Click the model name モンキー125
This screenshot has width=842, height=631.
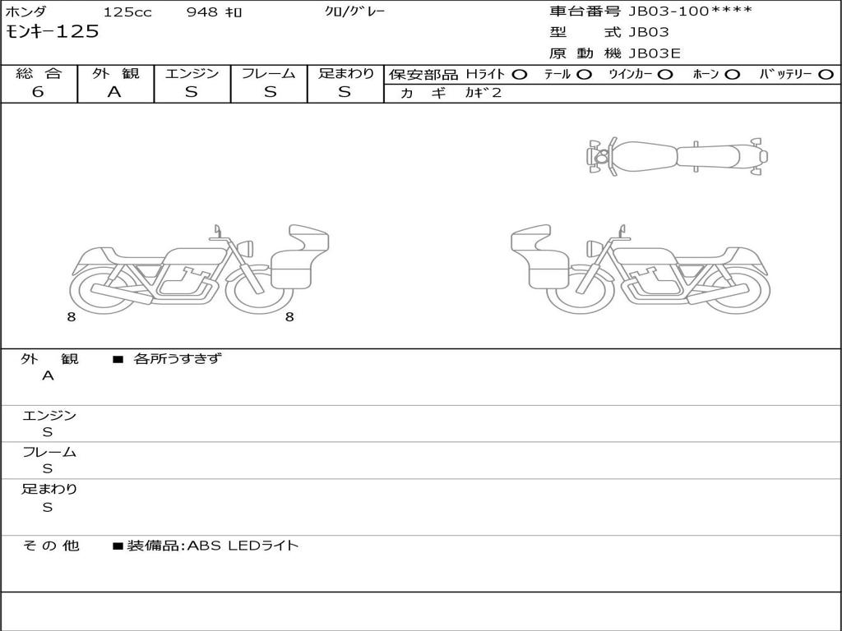pyautogui.click(x=52, y=31)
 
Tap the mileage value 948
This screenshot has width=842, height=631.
pyautogui.click(x=202, y=12)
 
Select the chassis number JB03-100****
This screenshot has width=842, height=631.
pyautogui.click(x=691, y=11)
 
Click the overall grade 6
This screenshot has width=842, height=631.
pyautogui.click(x=38, y=92)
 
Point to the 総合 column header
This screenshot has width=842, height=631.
pyautogui.click(x=39, y=73)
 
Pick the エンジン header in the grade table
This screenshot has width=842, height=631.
pyautogui.click(x=192, y=73)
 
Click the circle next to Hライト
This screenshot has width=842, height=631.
pyautogui.click(x=519, y=75)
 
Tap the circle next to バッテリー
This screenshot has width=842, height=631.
pyautogui.click(x=826, y=75)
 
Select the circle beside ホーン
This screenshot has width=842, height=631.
pyautogui.click(x=732, y=75)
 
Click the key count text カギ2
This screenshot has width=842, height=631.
pyautogui.click(x=483, y=93)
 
